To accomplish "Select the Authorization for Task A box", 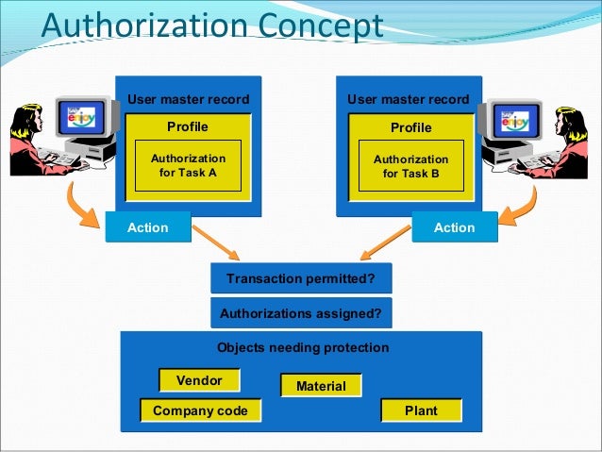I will pyautogui.click(x=188, y=165).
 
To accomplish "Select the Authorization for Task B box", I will pyautogui.click(x=410, y=166).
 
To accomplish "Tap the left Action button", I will pyautogui.click(x=147, y=227).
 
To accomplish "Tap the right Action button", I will pyautogui.click(x=454, y=227).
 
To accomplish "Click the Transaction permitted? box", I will pyautogui.click(x=300, y=279).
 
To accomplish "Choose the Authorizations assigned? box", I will pyautogui.click(x=300, y=313).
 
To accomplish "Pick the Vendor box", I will pyautogui.click(x=199, y=380).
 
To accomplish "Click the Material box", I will pyautogui.click(x=321, y=386).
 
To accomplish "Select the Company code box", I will pyautogui.click(x=200, y=410).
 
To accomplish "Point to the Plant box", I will pyautogui.click(x=421, y=410).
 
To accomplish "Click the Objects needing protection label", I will pyautogui.click(x=302, y=347).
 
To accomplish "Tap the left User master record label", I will pyautogui.click(x=189, y=99).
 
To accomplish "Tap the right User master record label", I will pyautogui.click(x=408, y=99).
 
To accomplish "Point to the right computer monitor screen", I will pyautogui.click(x=518, y=121).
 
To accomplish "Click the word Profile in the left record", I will pyautogui.click(x=188, y=126).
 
